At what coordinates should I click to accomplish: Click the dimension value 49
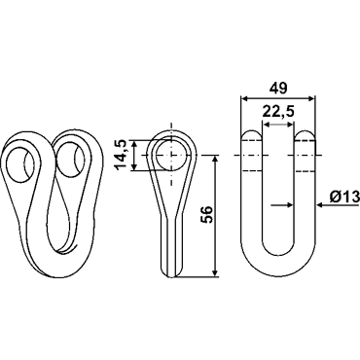coord(278,88)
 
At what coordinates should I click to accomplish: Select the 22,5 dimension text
coord(278,112)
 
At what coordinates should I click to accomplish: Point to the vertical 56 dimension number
coord(207,214)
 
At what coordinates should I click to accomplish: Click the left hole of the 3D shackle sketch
coord(21,164)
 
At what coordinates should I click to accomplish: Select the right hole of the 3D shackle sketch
coord(71,160)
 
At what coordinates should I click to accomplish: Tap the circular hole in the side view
coord(171,156)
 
